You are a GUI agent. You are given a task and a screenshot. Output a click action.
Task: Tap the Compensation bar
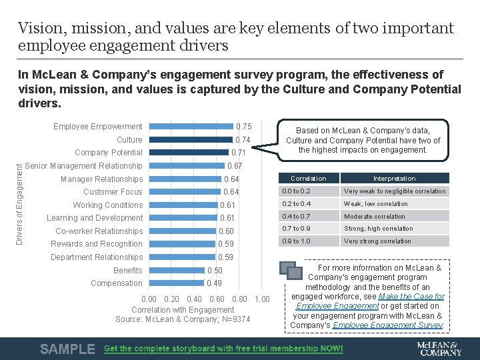click(x=176, y=283)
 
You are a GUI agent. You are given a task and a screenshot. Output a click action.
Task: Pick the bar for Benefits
click(x=177, y=270)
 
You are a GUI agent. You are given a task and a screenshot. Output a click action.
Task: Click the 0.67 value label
click(x=235, y=166)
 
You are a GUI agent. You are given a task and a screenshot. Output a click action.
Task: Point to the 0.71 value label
click(x=239, y=153)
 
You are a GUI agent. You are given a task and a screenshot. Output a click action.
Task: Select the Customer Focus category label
click(x=113, y=192)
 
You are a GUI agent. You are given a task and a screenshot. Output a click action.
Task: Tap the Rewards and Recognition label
click(x=97, y=244)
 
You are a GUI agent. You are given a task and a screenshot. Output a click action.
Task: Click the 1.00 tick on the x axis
click(x=262, y=299)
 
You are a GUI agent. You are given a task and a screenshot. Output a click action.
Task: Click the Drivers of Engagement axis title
click(x=19, y=198)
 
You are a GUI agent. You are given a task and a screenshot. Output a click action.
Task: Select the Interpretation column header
click(x=394, y=179)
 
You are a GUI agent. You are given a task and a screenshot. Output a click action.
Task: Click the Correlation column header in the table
click(x=309, y=179)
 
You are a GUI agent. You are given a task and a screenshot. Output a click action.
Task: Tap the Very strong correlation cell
click(x=377, y=241)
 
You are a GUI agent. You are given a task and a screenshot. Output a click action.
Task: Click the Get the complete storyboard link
click(x=223, y=349)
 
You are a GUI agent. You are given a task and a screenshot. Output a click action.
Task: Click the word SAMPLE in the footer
click(x=67, y=349)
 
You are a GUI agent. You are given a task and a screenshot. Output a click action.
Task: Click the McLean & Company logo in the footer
click(x=439, y=348)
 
